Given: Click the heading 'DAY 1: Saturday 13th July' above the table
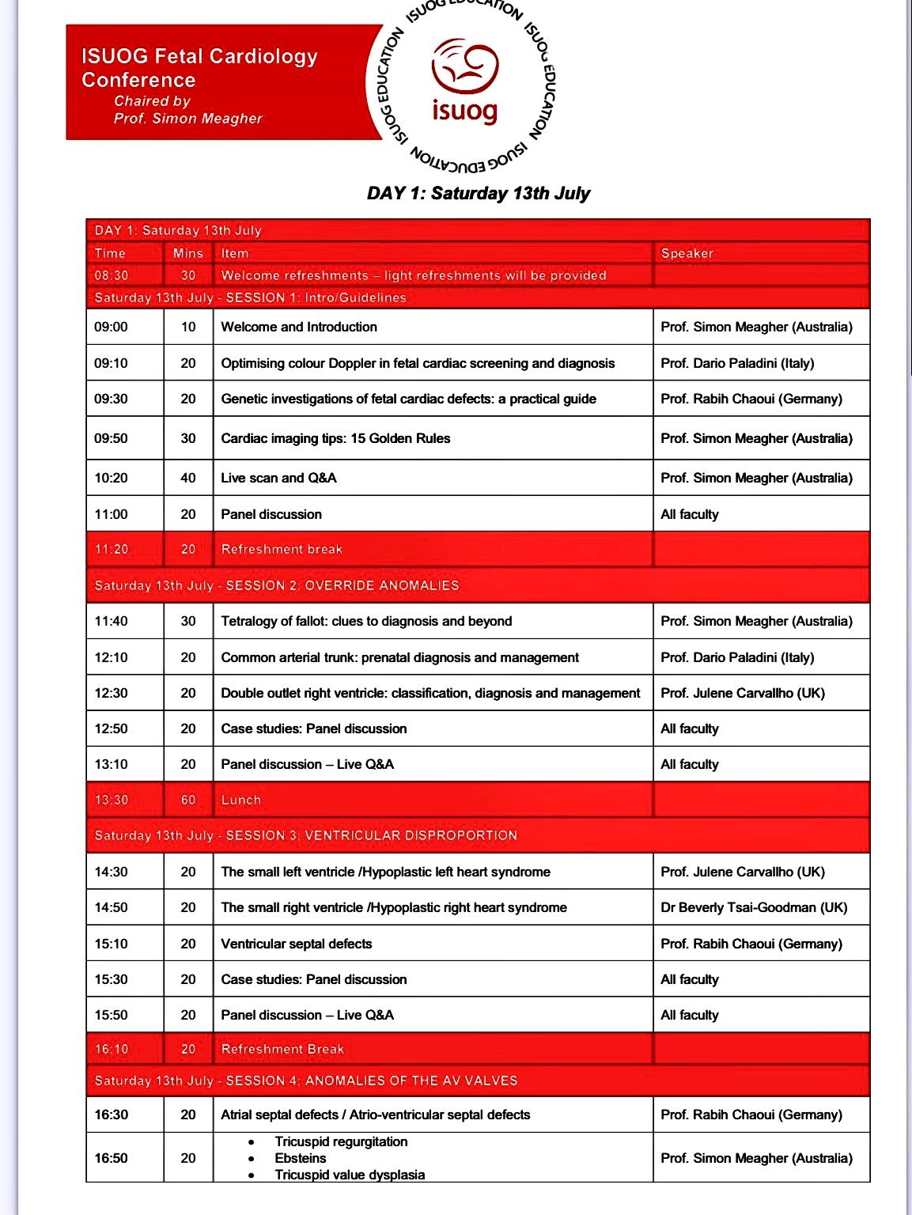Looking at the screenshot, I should (478, 194).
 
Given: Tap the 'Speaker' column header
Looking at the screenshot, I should (687, 253).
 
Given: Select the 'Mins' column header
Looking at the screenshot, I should (188, 253).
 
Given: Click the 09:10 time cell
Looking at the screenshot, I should (111, 363).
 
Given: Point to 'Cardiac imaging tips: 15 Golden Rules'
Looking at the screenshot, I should (335, 438).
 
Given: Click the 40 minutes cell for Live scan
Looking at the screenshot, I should (188, 478).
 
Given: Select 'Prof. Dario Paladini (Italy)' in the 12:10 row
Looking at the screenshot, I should (737, 657).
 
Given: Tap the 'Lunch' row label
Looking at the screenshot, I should (240, 800).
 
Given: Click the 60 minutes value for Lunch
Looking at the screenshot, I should (188, 800).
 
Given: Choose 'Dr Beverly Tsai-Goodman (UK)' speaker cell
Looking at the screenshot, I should (754, 907).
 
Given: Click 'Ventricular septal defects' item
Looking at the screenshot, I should (296, 944).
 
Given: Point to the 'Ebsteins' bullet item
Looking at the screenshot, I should (301, 1158).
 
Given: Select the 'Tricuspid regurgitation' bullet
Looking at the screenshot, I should (341, 1141).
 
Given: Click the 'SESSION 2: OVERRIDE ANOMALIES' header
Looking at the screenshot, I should (342, 585).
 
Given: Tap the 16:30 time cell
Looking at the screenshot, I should (111, 1115).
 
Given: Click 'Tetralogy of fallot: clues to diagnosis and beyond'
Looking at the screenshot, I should (366, 621).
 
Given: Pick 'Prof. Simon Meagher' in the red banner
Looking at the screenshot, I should (187, 119).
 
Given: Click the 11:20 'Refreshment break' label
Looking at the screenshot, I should (282, 549).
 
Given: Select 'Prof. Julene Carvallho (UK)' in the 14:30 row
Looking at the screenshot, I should (743, 872).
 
